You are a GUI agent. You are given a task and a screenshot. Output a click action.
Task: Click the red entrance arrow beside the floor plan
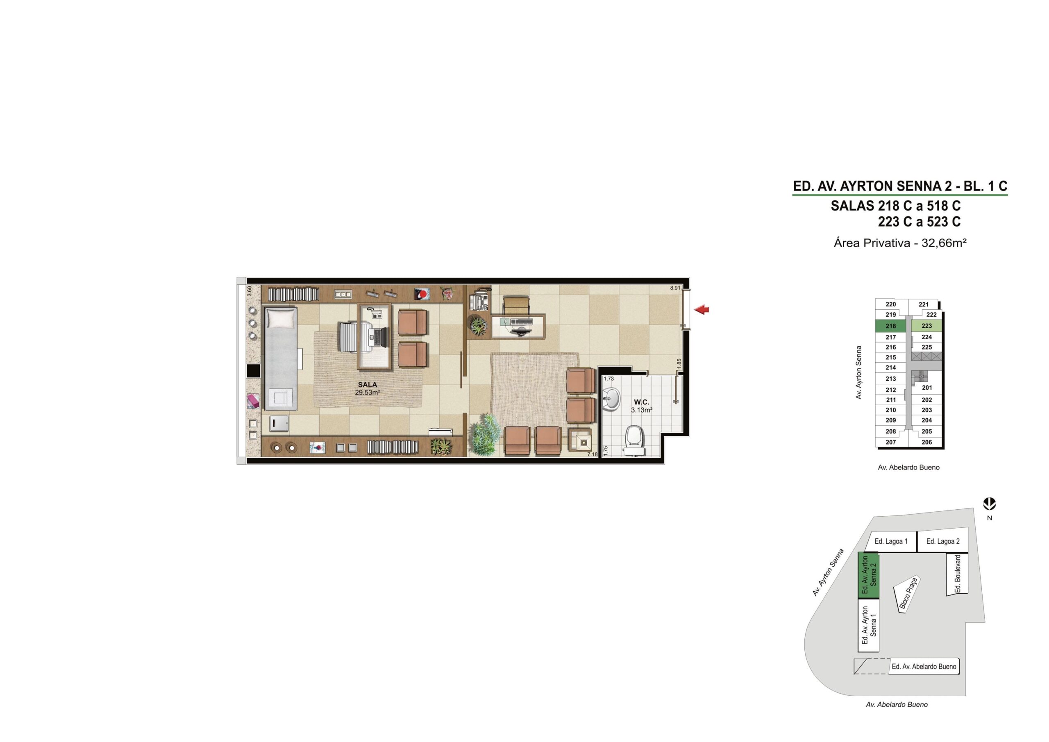[x=701, y=310]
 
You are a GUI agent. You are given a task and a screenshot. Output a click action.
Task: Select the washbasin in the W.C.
[x=611, y=399]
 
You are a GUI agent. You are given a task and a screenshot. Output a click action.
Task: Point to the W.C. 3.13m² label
[x=641, y=406]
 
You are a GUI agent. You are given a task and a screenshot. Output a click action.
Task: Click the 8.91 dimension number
[x=675, y=288]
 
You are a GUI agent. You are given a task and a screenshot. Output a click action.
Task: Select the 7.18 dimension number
[x=592, y=454]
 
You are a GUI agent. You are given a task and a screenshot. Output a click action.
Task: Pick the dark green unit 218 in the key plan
[x=891, y=326]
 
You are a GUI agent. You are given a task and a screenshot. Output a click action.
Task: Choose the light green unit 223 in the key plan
[x=926, y=326]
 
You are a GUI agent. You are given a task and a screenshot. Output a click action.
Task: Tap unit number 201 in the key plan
[x=927, y=388]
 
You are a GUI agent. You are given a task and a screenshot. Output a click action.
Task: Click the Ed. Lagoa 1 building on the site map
[x=891, y=541]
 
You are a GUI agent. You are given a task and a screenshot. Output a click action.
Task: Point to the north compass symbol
[x=990, y=504]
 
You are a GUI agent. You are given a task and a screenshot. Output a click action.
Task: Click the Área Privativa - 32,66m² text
[x=900, y=243]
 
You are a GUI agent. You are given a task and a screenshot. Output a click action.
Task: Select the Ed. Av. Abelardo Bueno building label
[x=924, y=667]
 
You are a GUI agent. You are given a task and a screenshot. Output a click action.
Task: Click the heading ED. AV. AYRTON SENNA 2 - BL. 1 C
[x=900, y=186]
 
